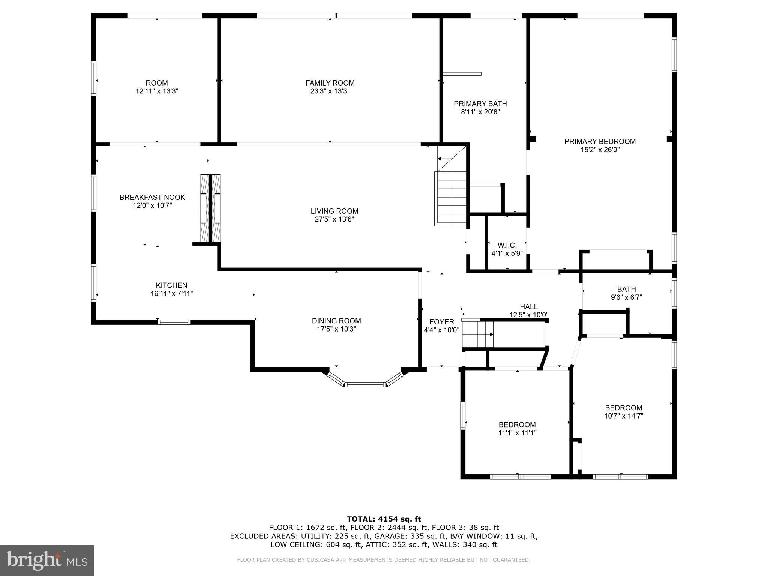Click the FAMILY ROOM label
(330, 83)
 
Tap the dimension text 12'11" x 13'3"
(157, 91)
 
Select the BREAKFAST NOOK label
(152, 197)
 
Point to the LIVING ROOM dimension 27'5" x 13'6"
(334, 219)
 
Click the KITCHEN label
(171, 285)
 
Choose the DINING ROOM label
(336, 321)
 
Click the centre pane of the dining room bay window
(365, 384)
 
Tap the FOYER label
(442, 322)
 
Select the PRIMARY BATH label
(480, 103)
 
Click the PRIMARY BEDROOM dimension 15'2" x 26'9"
(600, 150)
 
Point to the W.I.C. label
(507, 245)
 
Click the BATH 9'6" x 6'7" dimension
(626, 297)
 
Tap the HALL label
(529, 306)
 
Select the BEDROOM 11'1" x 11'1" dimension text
(517, 433)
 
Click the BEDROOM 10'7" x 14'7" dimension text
(624, 416)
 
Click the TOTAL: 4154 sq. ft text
(384, 519)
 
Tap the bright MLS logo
(46, 560)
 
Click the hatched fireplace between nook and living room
(211, 208)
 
